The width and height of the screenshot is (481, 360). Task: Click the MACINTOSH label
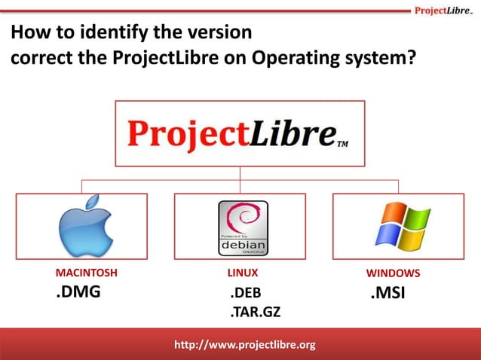pos(87,273)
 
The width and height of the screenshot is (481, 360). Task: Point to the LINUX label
pos(243,273)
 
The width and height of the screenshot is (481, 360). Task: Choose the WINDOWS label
pos(393,273)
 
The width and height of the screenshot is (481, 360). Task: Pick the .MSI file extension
pos(388,293)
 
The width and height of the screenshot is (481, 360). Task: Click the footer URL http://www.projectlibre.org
pos(244,345)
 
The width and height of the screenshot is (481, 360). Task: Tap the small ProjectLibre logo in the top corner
pos(443,10)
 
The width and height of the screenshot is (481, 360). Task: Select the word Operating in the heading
pos(293,58)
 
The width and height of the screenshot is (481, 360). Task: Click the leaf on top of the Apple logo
pos(92,203)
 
